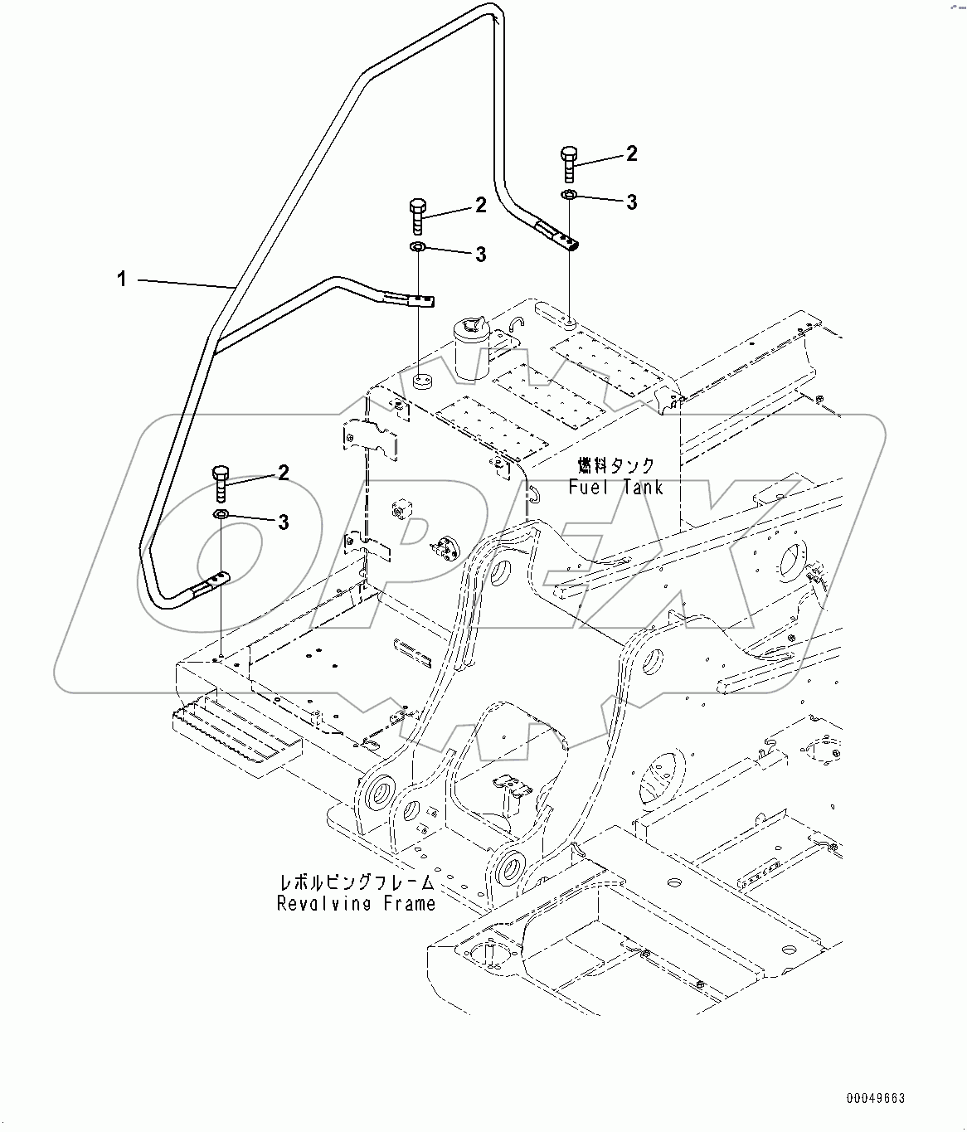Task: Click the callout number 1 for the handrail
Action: point(122,279)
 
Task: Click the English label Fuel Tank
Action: point(616,488)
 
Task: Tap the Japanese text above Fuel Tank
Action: point(615,466)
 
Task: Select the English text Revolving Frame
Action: point(357,903)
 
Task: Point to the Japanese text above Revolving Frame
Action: point(357,882)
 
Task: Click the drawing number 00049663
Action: point(875,1099)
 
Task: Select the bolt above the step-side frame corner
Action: point(221,483)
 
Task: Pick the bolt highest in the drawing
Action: point(570,163)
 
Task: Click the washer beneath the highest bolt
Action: point(570,195)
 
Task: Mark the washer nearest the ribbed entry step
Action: point(221,516)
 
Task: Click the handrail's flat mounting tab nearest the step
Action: point(211,585)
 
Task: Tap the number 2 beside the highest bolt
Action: point(631,153)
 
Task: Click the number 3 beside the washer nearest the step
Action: point(283,522)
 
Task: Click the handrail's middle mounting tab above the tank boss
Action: point(411,299)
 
